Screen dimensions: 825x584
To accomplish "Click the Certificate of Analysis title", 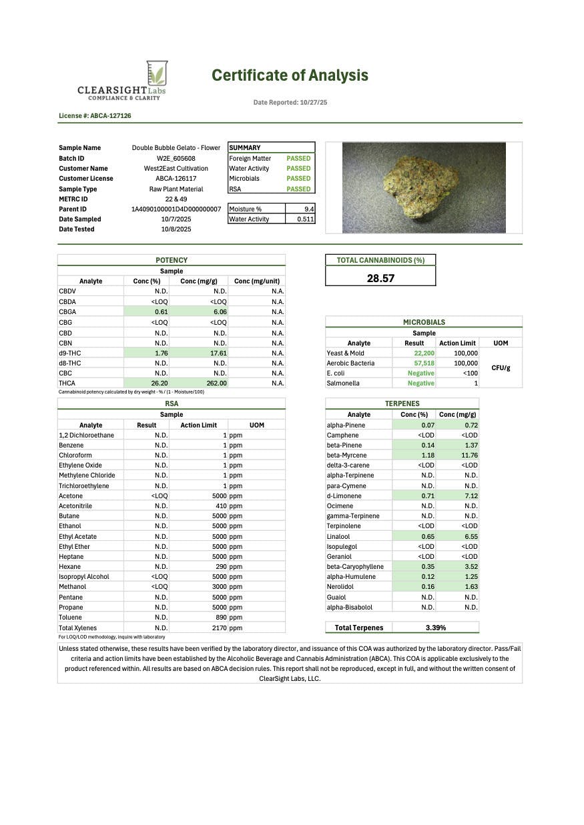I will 290,75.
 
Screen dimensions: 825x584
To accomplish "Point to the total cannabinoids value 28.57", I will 380,278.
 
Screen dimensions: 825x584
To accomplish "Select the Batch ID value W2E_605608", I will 176,158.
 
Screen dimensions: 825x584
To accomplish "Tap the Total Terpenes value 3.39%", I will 436,628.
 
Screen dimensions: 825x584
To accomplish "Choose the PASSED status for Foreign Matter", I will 298,158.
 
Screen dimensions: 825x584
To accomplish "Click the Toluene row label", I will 71,618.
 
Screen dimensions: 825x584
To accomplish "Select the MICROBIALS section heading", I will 424,322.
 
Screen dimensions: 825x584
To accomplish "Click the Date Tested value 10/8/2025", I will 176,229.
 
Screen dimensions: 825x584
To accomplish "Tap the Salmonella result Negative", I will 420,383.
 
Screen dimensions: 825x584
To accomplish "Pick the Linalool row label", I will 339,536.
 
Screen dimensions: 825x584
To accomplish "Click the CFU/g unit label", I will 500,368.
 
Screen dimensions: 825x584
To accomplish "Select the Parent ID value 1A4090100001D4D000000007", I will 176,209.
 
